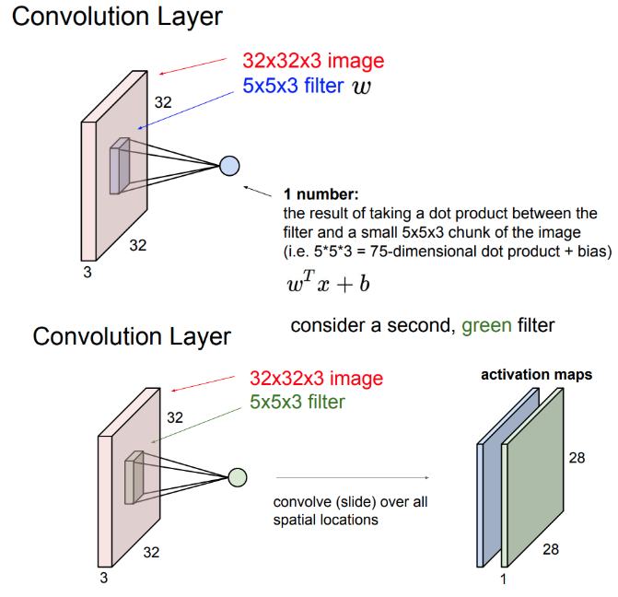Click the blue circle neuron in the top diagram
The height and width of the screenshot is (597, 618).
pos(229,166)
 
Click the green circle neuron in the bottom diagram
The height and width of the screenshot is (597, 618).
pos(238,477)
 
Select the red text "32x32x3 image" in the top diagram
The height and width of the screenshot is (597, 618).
pos(313,62)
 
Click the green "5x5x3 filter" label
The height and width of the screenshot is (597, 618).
pos(297,402)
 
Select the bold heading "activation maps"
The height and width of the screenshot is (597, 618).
pos(536,376)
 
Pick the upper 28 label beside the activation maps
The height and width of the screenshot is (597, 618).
pos(577,457)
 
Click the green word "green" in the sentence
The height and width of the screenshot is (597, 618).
pos(486,326)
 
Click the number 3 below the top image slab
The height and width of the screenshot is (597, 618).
pos(87,272)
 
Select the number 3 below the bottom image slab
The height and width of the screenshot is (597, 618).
pos(103,578)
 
